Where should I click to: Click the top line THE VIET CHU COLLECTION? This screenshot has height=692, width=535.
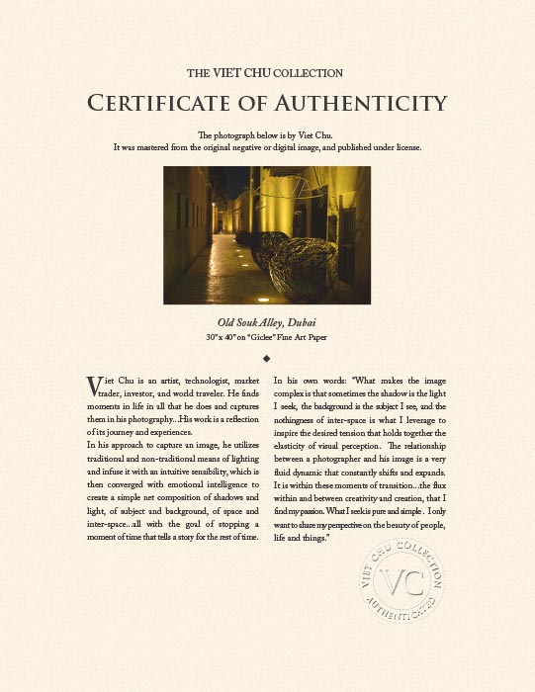266,73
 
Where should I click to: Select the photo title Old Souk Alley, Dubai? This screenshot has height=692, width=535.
266,323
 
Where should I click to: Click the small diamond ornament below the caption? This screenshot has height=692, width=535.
267,357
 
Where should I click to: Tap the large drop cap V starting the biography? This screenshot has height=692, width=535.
95,386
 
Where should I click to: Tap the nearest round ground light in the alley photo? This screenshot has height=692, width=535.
262,298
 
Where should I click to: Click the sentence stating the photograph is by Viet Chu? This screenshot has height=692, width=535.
266,134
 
